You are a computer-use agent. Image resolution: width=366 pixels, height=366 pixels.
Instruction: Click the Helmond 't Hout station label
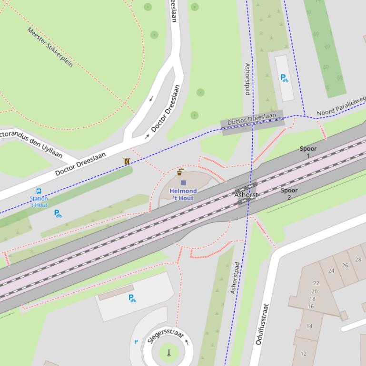point(183,194)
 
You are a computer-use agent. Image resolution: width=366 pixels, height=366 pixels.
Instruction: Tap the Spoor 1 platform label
point(308,152)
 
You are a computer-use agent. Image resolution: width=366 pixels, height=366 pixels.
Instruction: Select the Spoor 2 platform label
point(289,193)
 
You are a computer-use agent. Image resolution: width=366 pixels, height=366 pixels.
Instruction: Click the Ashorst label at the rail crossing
point(247,195)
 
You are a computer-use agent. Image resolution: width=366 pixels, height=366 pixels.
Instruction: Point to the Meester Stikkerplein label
point(50,47)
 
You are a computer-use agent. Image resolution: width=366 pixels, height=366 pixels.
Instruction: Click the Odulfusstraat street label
point(262,324)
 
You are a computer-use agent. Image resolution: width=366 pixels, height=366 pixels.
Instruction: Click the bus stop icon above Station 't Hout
point(39,192)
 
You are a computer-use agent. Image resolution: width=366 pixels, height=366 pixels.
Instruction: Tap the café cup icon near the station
point(180,172)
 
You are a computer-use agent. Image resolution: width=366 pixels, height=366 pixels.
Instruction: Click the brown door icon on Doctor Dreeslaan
point(127,161)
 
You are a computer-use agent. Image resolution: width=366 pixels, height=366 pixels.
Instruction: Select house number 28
point(358,260)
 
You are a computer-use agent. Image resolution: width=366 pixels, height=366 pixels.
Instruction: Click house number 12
point(303,354)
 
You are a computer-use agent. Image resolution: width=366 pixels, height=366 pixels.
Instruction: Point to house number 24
point(331,271)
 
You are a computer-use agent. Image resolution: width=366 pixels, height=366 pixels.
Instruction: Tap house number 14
point(309,326)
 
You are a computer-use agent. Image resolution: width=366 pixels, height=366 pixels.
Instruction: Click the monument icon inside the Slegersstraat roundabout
point(168,353)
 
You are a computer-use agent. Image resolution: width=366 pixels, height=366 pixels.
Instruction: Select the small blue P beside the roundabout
point(136,342)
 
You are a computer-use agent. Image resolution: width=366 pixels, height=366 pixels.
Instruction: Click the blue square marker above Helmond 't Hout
point(183,183)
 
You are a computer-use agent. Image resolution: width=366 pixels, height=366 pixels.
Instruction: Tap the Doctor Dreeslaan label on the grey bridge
point(251,119)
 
